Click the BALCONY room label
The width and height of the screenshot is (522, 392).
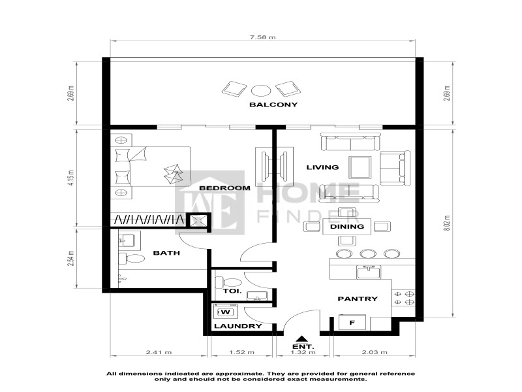pyautogui.click(x=273, y=105)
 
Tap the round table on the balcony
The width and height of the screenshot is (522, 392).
pyautogui.click(x=260, y=90)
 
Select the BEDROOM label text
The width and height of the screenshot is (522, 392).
pyautogui.click(x=224, y=188)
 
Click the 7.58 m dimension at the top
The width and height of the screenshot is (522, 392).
pyautogui.click(x=263, y=37)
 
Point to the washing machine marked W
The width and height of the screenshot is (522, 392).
pyautogui.click(x=225, y=312)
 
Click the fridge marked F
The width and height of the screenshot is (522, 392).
pyautogui.click(x=352, y=322)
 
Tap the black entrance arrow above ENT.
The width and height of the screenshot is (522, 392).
pyautogui.click(x=301, y=338)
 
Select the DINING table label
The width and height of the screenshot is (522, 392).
pyautogui.click(x=347, y=227)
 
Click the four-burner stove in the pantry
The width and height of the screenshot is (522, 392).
pyautogui.click(x=403, y=298)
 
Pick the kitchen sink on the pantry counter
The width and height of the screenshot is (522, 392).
pyautogui.click(x=368, y=272)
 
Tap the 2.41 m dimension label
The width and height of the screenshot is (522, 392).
pyautogui.click(x=159, y=352)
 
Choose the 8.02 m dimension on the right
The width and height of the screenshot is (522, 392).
pyautogui.click(x=447, y=223)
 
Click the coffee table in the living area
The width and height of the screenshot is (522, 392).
pyautogui.click(x=360, y=167)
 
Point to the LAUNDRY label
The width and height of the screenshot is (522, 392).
pyautogui.click(x=238, y=326)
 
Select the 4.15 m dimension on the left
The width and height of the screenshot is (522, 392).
pyautogui.click(x=70, y=178)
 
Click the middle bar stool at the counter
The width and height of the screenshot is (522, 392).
pyautogui.click(x=368, y=254)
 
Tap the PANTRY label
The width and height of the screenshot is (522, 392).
pyautogui.click(x=358, y=299)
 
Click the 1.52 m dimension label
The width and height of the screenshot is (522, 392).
pyautogui.click(x=241, y=352)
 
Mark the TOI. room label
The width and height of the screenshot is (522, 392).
pyautogui.click(x=232, y=291)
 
